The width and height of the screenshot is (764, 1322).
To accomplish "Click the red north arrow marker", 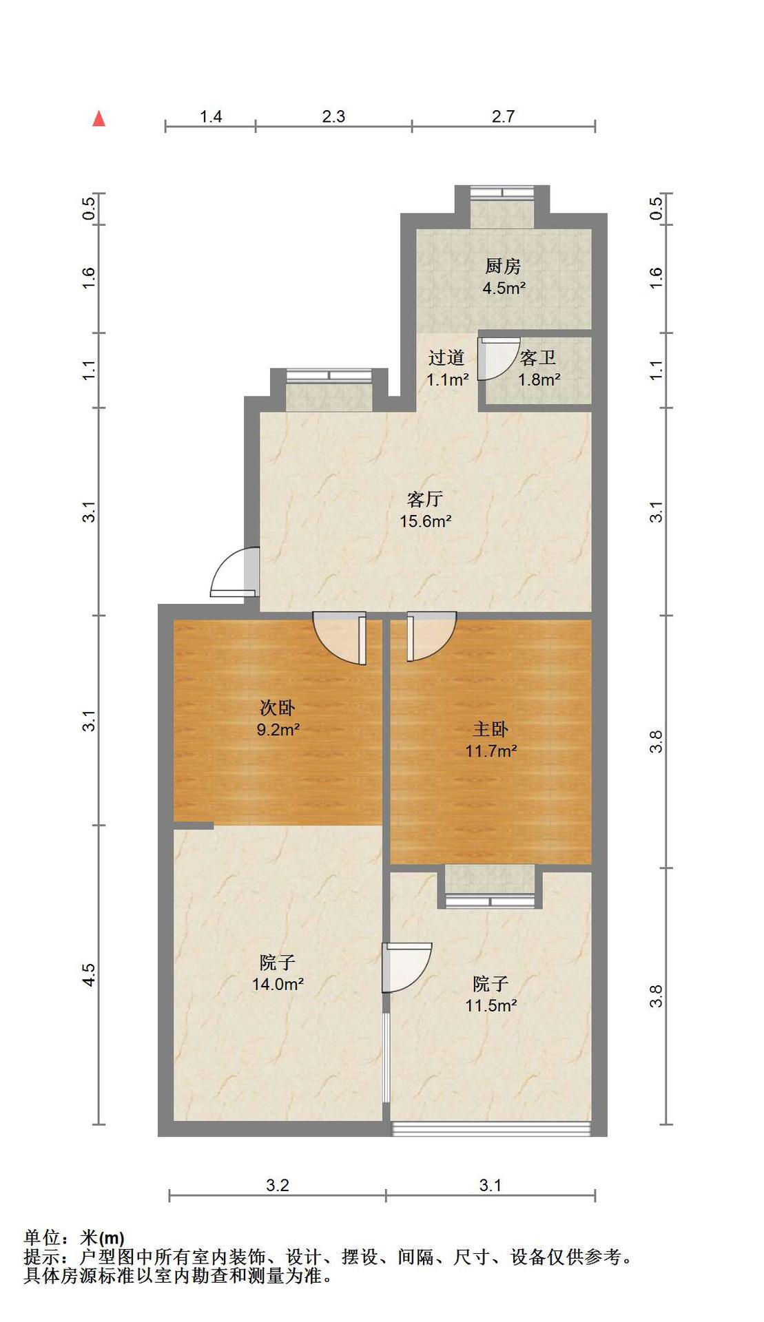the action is click(99, 118).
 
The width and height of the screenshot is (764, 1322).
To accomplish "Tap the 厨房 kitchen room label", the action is click(503, 266).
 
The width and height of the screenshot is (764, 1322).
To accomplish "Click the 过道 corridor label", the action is click(446, 357).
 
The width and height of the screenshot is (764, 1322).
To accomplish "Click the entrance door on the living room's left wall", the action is click(235, 571).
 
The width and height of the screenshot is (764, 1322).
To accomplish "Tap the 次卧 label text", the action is click(278, 706).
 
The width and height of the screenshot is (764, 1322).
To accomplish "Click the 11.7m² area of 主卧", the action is click(491, 751).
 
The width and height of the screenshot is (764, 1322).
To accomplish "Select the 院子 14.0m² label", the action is click(278, 973).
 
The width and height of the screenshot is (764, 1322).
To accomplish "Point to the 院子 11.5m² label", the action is click(491, 994).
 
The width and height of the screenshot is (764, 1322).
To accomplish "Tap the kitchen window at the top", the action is click(502, 192).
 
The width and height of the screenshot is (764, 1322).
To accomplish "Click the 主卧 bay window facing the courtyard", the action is click(491, 900).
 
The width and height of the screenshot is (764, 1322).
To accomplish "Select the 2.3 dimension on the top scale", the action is click(333, 116).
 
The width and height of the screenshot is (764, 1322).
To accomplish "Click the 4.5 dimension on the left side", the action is click(89, 975).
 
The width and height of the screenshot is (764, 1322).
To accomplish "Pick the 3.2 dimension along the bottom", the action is click(278, 1185).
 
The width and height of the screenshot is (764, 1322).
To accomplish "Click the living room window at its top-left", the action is click(329, 375).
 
